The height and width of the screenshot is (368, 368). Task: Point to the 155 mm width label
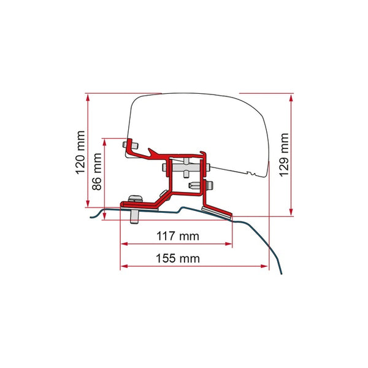point(178,258)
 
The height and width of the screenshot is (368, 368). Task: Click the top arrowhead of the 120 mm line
point(88,98)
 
